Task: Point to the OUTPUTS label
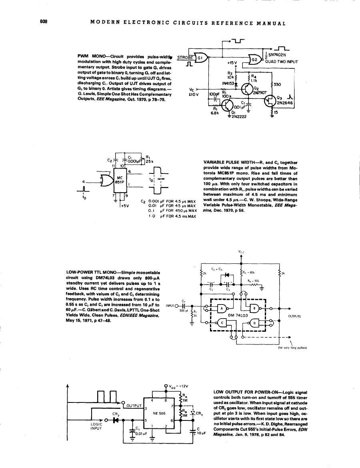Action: tap(294, 316)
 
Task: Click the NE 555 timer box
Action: tap(159, 411)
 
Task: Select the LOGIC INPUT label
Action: tap(98, 426)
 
